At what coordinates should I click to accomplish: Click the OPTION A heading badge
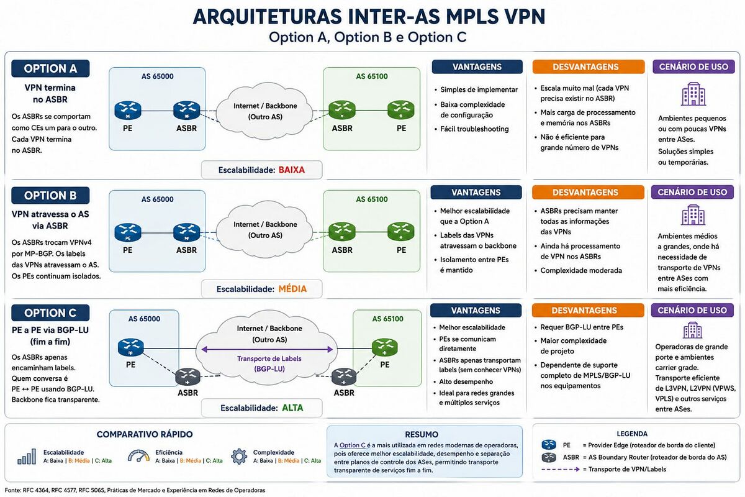50,68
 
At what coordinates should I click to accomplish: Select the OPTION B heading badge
50,196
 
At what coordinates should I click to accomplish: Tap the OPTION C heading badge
50,313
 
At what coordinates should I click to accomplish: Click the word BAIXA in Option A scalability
292,170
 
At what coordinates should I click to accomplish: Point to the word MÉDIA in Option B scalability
292,289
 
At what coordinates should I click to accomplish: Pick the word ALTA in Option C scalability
292,408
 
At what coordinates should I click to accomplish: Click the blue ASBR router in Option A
187,111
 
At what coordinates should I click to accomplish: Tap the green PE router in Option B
401,231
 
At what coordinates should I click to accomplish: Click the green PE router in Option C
384,347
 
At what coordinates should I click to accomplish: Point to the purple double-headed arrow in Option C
267,349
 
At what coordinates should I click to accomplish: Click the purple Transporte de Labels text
269,358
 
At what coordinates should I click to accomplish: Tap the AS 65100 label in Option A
372,76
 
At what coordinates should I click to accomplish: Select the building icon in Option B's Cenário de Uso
693,215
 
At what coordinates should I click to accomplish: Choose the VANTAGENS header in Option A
477,67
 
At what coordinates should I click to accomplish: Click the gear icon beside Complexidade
239,456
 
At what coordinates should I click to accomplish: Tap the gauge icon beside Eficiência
138,456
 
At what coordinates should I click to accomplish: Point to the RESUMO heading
422,434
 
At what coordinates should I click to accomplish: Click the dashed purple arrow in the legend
561,470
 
